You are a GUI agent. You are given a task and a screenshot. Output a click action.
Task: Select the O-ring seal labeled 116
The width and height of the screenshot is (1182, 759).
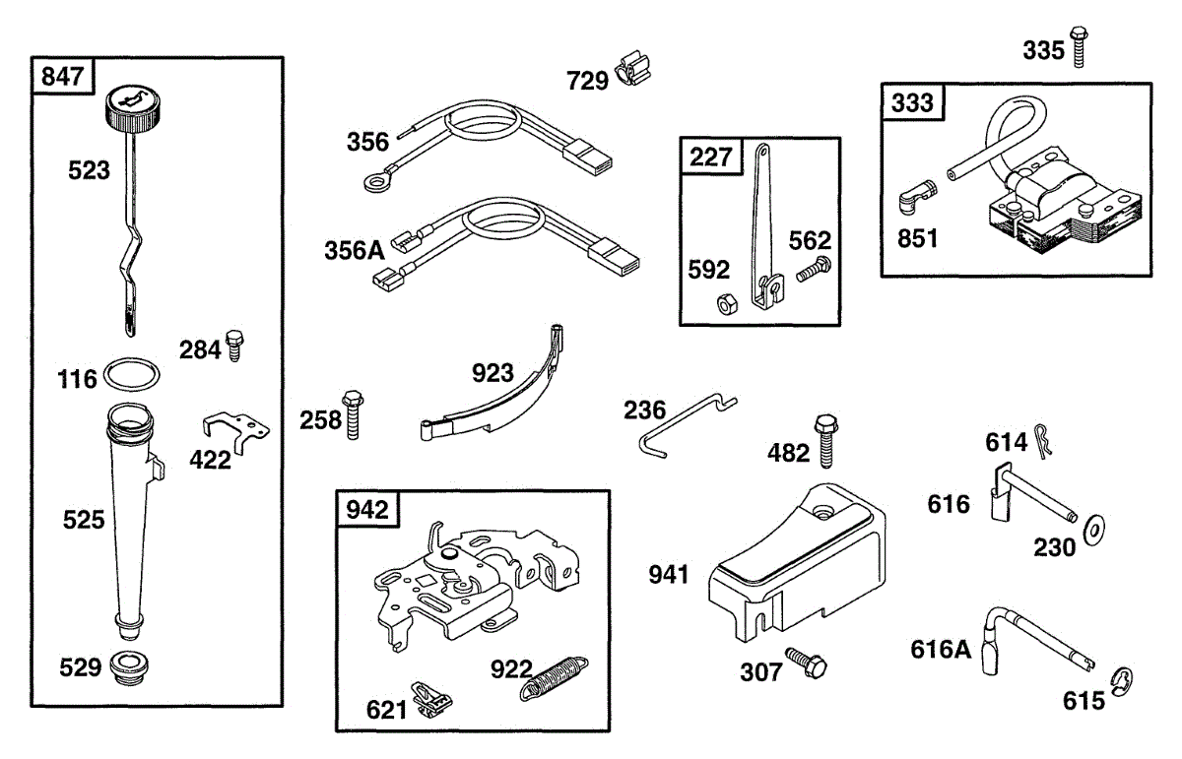tap(132, 375)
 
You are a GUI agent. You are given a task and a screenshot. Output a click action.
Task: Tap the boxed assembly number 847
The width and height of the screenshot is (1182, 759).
tap(63, 76)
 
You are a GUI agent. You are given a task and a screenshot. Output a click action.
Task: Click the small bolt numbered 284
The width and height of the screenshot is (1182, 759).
tap(235, 347)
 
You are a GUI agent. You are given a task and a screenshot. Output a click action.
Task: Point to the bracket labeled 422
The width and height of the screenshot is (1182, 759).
tap(236, 428)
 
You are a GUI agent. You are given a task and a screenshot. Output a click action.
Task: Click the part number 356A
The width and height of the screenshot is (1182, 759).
tap(354, 251)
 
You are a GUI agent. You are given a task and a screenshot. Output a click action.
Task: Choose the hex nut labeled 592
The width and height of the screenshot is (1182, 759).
tap(723, 306)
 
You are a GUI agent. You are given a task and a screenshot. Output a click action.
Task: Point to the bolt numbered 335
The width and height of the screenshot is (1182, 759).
tap(1079, 46)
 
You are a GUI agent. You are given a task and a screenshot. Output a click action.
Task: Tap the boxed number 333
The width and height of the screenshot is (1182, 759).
tap(912, 102)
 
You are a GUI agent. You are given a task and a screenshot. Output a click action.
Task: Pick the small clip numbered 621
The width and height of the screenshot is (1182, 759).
tap(429, 701)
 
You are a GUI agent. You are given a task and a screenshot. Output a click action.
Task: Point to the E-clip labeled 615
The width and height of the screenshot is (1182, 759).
tap(1122, 680)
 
